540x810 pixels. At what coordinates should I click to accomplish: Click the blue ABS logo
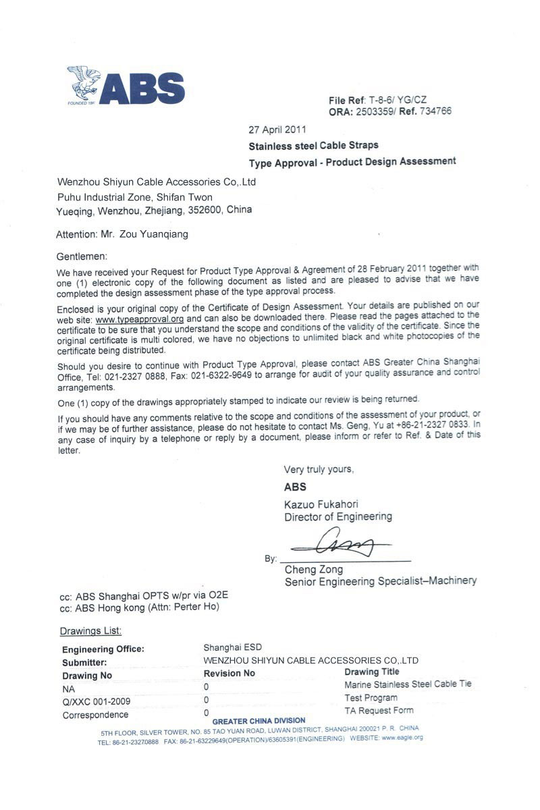(x=126, y=86)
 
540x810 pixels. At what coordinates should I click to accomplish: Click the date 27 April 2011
(x=277, y=129)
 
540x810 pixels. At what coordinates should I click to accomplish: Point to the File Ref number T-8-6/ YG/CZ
(x=398, y=100)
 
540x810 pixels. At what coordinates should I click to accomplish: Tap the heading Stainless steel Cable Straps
(x=313, y=145)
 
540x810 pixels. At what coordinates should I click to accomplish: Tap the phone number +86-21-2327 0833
(x=423, y=425)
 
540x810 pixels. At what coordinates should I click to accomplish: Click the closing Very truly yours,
(x=319, y=469)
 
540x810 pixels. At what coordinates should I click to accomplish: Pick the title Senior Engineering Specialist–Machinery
(x=380, y=580)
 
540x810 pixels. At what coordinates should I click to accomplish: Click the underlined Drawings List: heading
(x=90, y=630)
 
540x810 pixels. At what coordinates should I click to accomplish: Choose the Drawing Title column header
(x=371, y=672)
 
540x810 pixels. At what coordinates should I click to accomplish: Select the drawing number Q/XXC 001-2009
(x=96, y=701)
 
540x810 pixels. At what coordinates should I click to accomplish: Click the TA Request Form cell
(x=379, y=710)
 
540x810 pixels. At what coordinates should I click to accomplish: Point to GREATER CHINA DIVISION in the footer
(x=259, y=721)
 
